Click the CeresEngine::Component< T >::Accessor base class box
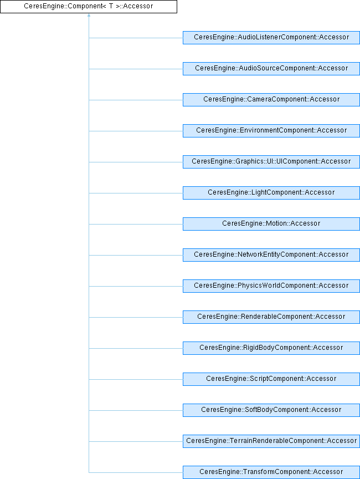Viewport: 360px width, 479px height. tap(89, 7)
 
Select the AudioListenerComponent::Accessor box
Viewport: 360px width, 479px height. tap(271, 38)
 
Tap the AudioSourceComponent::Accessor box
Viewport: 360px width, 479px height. tap(271, 69)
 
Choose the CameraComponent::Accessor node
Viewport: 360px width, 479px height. tap(271, 100)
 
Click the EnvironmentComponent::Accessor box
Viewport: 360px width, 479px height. tap(271, 131)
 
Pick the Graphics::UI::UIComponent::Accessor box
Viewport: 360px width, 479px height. tap(271, 162)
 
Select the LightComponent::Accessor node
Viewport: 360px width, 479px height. tap(271, 193)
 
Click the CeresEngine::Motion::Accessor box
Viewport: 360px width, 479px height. tap(271, 224)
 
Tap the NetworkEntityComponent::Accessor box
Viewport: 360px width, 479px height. tap(271, 255)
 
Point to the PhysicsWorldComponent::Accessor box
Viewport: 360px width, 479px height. tap(271, 286)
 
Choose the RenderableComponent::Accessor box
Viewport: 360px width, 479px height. tap(271, 317)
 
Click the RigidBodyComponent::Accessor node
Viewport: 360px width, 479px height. tap(271, 348)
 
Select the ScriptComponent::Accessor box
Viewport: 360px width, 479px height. tap(271, 379)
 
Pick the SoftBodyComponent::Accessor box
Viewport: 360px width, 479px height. tap(271, 410)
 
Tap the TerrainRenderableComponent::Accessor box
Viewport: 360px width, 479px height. tap(271, 441)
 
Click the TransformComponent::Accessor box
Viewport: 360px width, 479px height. tap(271, 472)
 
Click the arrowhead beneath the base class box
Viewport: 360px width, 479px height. tap(89, 16)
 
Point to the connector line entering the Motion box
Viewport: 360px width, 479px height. tap(136, 224)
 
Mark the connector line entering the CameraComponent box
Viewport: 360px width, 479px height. tap(136, 100)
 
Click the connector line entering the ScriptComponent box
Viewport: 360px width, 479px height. tap(136, 379)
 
